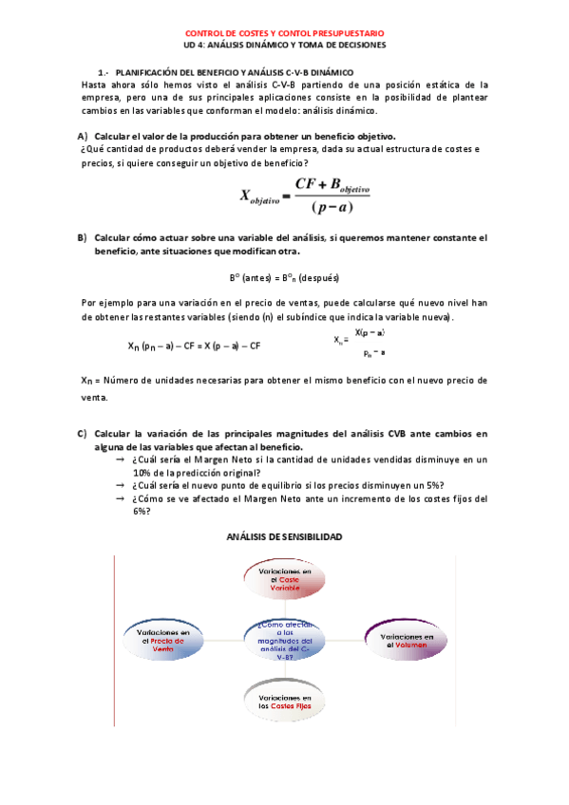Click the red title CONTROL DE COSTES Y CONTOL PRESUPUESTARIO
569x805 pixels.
(x=284, y=31)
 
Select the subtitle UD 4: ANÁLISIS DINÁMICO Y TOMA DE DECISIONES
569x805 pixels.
(x=284, y=44)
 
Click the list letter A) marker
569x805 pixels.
(x=83, y=136)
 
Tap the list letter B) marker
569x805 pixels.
(x=83, y=236)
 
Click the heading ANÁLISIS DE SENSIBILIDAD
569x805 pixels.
(x=284, y=536)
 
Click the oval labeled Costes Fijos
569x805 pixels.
(x=285, y=702)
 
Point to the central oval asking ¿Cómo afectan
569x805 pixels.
(x=285, y=637)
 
